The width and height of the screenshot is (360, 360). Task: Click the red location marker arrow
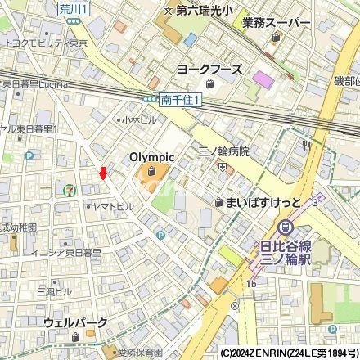(x=102, y=172)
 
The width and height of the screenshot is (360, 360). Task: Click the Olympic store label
(x=152, y=157)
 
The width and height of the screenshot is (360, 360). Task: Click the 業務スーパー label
(x=277, y=24)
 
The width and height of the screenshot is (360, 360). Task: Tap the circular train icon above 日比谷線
(x=286, y=228)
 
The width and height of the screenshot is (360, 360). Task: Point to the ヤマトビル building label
(x=113, y=207)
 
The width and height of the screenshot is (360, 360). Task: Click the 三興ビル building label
(x=53, y=291)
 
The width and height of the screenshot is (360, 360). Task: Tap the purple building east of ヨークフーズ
(x=263, y=79)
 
